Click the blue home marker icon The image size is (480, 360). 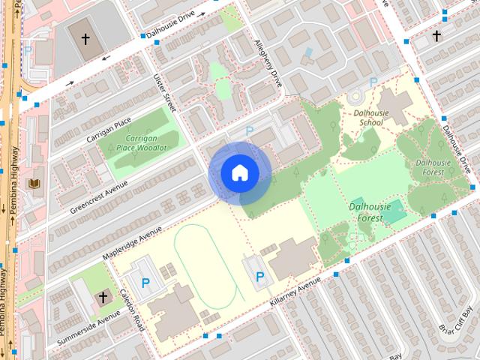pos(240,172)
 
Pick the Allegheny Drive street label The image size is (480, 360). pos(267,63)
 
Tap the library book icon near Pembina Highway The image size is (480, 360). pos(34,184)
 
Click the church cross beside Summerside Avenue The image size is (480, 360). pos(103,298)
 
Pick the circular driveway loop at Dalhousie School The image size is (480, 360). pos(355,97)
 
